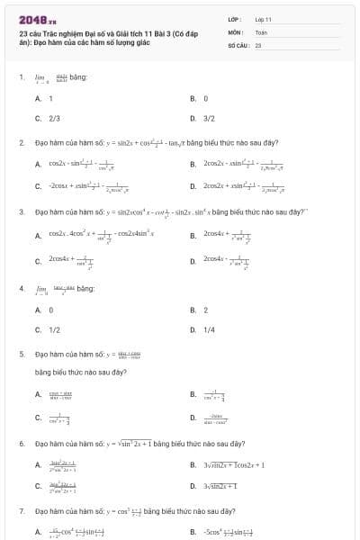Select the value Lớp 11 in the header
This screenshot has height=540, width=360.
click(x=263, y=19)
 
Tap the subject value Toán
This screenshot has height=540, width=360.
click(x=261, y=31)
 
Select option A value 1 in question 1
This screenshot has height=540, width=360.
click(x=50, y=98)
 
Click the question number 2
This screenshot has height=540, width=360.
click(x=22, y=143)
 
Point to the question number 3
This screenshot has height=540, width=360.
click(x=22, y=212)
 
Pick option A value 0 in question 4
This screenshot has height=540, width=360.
click(x=50, y=310)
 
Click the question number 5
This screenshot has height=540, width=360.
click(x=22, y=355)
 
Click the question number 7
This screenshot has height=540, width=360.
click(x=22, y=510)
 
